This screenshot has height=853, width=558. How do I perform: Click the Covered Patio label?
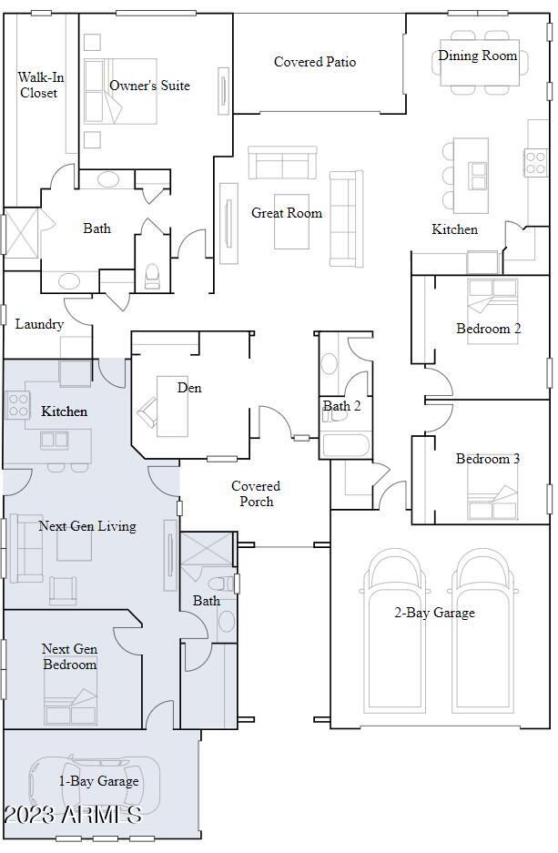[315, 62]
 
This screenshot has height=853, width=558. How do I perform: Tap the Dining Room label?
[478, 56]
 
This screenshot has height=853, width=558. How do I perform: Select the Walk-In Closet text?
[40, 85]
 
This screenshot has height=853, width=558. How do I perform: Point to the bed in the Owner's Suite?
[121, 91]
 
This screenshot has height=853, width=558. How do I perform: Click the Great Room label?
[287, 213]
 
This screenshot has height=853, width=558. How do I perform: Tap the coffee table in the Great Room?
[291, 222]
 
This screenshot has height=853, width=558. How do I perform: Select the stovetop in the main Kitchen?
[536, 163]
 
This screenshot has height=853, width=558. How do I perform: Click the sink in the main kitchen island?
[478, 176]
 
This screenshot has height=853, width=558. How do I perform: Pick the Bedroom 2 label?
[489, 329]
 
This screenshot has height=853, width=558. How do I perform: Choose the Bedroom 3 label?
[488, 459]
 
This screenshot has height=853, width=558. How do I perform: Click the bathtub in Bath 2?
[346, 445]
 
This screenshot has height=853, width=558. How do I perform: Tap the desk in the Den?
[172, 406]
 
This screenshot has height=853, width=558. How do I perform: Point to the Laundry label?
[39, 324]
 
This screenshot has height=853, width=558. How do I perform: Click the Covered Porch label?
[256, 493]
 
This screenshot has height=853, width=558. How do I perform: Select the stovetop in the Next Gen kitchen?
[17, 405]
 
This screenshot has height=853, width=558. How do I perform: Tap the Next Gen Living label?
[87, 526]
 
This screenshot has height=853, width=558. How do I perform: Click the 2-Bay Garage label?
[434, 613]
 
